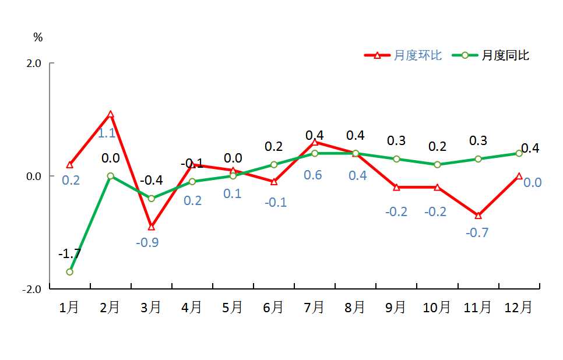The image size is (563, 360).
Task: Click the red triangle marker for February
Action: (110, 114)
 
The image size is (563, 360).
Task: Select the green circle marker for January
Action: (69, 272)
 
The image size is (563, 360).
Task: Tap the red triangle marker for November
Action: (478, 216)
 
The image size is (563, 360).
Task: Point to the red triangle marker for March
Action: (152, 227)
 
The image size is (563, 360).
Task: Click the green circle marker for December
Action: (519, 153)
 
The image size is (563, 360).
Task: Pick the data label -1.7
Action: (69, 254)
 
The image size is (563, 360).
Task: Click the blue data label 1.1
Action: (106, 133)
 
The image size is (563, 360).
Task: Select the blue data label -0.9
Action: (147, 242)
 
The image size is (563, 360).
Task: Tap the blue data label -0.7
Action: (477, 233)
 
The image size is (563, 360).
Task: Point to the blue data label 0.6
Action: (313, 175)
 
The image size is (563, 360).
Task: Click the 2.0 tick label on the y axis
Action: (33, 63)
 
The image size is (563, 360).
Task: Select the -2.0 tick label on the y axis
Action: (31, 289)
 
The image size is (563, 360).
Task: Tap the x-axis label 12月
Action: (518, 308)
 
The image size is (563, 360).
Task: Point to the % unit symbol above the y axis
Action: (38, 38)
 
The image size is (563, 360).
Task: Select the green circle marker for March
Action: (152, 199)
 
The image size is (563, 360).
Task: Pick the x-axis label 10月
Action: (437, 308)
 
